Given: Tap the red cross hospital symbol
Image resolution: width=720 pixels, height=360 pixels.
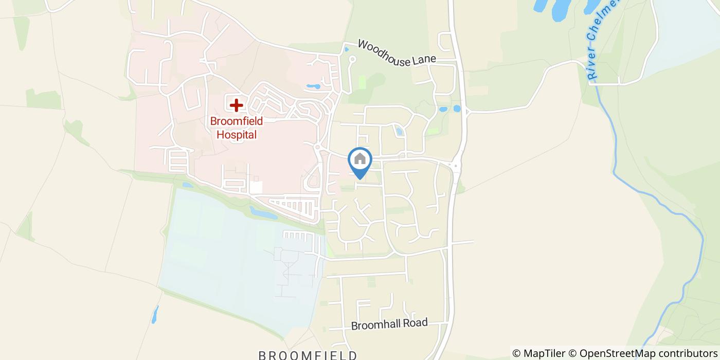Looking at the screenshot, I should click(236, 105).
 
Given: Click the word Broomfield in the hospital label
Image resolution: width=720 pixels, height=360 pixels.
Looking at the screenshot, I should click(237, 122).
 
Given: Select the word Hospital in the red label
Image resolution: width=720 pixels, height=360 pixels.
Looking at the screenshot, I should click(237, 135).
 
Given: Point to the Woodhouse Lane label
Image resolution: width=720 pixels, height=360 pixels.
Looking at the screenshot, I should click(397, 53).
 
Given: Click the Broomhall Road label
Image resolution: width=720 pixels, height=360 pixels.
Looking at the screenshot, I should click(389, 325).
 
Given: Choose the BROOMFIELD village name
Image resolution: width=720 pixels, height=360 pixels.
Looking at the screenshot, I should click(308, 355).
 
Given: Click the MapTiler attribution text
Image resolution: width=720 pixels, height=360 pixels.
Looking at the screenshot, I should click(539, 353).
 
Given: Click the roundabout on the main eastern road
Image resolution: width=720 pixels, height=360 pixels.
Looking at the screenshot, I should click(456, 166).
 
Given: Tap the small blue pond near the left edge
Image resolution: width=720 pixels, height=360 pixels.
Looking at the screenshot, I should click(155, 314).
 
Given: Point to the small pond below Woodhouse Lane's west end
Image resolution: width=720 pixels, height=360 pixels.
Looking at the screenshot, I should click(346, 50).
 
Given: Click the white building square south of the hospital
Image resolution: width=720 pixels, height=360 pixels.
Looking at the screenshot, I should click(256, 187).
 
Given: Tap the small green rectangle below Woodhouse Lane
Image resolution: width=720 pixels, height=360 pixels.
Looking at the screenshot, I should click(362, 82).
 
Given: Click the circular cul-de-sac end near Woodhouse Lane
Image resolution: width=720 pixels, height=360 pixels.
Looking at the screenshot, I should click(352, 60).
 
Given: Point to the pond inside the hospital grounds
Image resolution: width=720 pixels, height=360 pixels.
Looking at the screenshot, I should click(313, 86).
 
